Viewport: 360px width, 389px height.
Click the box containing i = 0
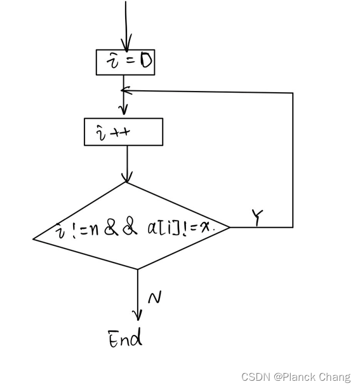tap(125, 62)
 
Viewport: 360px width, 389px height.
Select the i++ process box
tap(123, 132)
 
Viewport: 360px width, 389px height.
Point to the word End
tap(125, 339)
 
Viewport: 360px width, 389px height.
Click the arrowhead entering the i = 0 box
tap(126, 45)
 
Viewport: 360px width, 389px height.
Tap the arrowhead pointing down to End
tap(137, 315)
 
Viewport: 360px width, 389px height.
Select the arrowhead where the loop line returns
tap(125, 91)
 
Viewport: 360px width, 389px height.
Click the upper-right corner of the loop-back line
tap(293, 93)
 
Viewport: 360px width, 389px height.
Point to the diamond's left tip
tap(34, 239)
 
